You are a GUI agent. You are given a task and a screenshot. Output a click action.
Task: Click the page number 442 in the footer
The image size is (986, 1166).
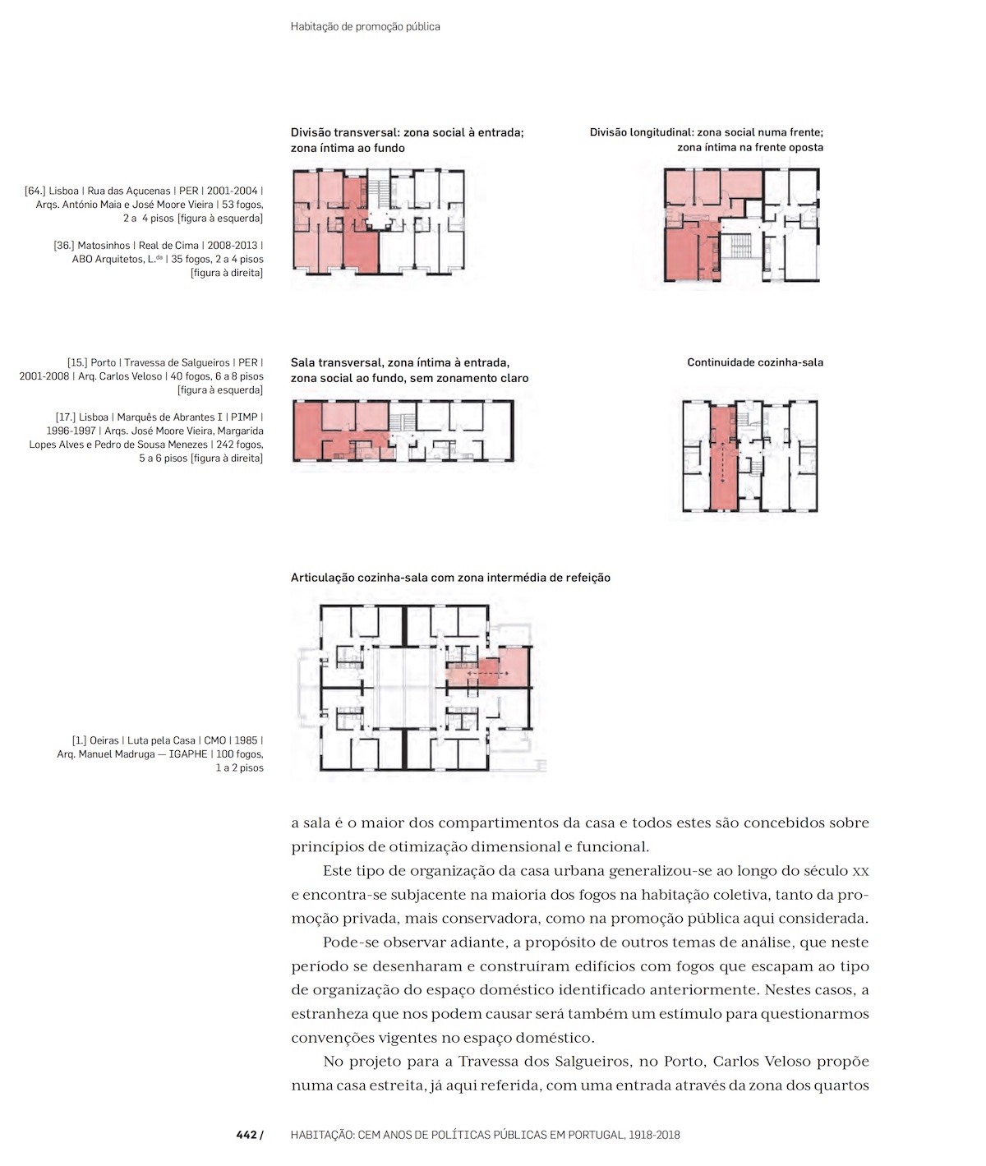(246, 1135)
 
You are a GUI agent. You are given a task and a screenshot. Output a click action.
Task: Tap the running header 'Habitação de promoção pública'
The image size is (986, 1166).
(365, 26)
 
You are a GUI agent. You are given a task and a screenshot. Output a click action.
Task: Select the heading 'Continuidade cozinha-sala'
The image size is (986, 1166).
(755, 362)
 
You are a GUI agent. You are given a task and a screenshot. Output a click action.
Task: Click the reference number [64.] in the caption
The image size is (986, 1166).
(35, 191)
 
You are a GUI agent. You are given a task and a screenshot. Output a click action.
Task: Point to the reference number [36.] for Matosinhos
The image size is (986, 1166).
(64, 246)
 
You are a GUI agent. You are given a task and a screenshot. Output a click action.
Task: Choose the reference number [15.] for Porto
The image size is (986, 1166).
(77, 362)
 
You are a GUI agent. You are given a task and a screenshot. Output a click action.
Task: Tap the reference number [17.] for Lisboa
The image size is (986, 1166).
(66, 417)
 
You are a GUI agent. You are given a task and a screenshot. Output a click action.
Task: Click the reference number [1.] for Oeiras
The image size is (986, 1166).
(79, 740)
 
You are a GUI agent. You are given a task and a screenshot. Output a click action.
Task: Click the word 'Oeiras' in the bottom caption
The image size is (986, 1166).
(104, 740)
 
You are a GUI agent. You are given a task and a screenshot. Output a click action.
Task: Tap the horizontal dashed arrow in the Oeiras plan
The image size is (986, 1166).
(488, 673)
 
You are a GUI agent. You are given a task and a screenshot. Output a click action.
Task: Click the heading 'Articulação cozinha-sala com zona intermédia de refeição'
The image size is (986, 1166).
(450, 577)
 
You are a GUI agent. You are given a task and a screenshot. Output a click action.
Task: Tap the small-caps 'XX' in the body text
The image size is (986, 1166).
(861, 871)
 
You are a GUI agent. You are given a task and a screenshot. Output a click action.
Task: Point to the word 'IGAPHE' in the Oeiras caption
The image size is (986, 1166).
(188, 754)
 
